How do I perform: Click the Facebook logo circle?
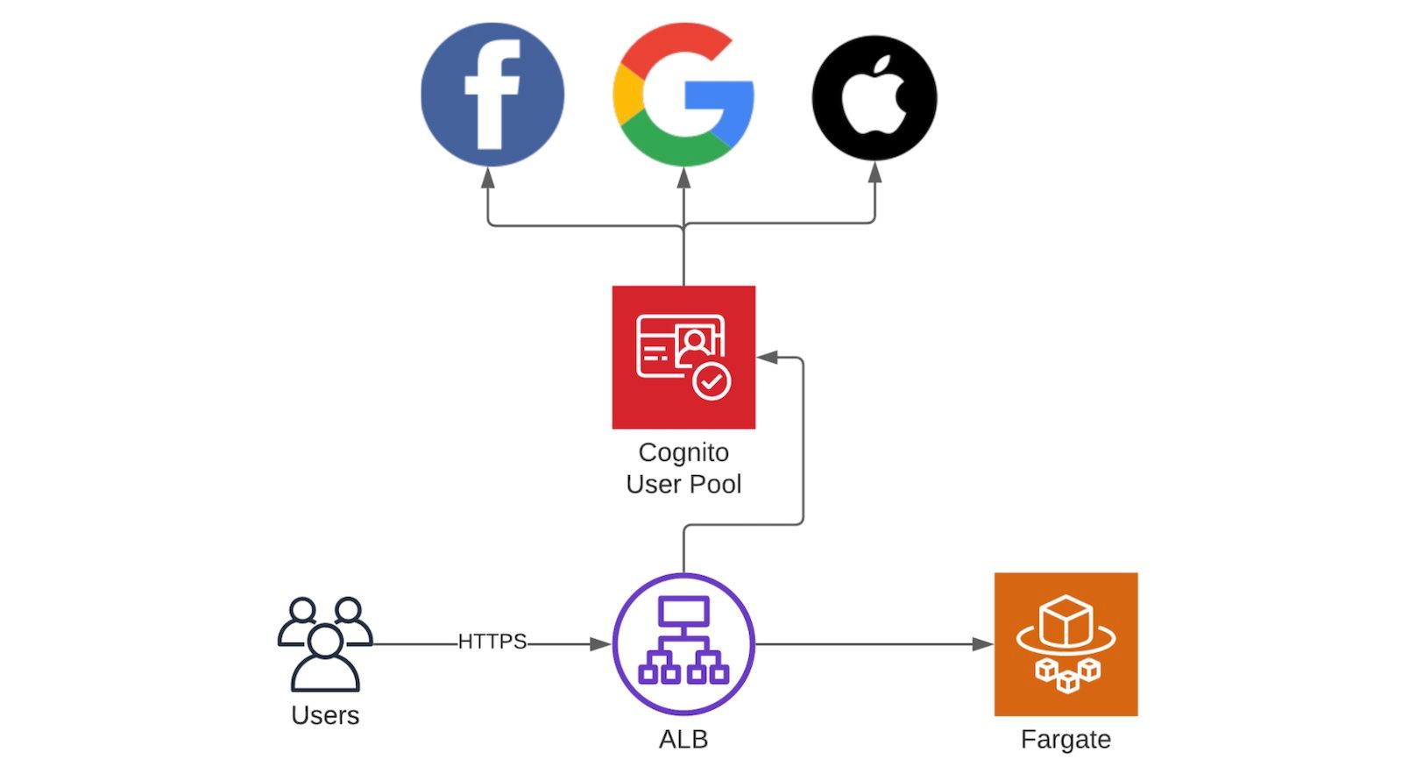coord(492,95)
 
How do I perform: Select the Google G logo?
coord(683,95)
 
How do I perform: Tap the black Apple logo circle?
coord(874,97)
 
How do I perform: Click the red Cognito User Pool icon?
coord(683,357)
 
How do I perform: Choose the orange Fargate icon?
coord(1066,644)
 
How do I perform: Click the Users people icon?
coord(325,644)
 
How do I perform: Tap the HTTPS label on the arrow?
coord(492,642)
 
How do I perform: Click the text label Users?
coord(325,715)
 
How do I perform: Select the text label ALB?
coord(683,739)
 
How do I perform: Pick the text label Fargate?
coord(1066,739)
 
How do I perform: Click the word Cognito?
coord(683,452)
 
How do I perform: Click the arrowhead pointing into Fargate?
coord(983,644)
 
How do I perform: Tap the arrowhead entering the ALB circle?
coord(601,644)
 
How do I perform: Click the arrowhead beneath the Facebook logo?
coord(488,177)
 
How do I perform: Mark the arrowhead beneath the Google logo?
coord(683,177)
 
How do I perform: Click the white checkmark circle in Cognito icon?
coord(712,381)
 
